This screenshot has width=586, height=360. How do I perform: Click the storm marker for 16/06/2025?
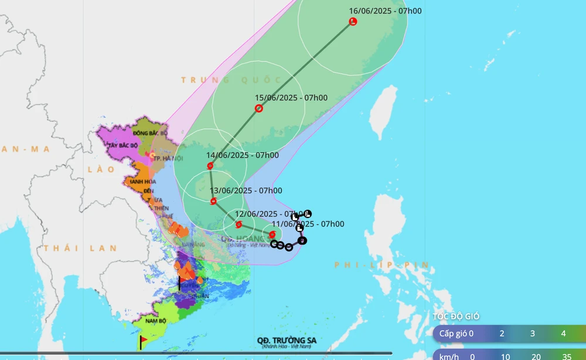353,22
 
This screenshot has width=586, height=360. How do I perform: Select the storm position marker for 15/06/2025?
258,108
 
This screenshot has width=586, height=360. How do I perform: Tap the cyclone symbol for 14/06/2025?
210,166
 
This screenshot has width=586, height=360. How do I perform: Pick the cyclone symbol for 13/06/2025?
213,202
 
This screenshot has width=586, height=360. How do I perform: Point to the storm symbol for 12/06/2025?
239,225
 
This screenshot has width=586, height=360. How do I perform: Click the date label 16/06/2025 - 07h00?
385,11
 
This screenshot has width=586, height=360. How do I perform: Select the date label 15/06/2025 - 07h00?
291,98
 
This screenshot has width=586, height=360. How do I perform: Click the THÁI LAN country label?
80,248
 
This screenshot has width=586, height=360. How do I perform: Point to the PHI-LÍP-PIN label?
382,266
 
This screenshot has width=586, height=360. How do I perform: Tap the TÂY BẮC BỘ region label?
121,145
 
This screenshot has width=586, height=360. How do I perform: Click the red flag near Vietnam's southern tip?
144,339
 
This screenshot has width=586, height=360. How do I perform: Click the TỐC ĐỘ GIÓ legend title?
456,317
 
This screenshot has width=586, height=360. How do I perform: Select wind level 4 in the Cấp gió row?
563,334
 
